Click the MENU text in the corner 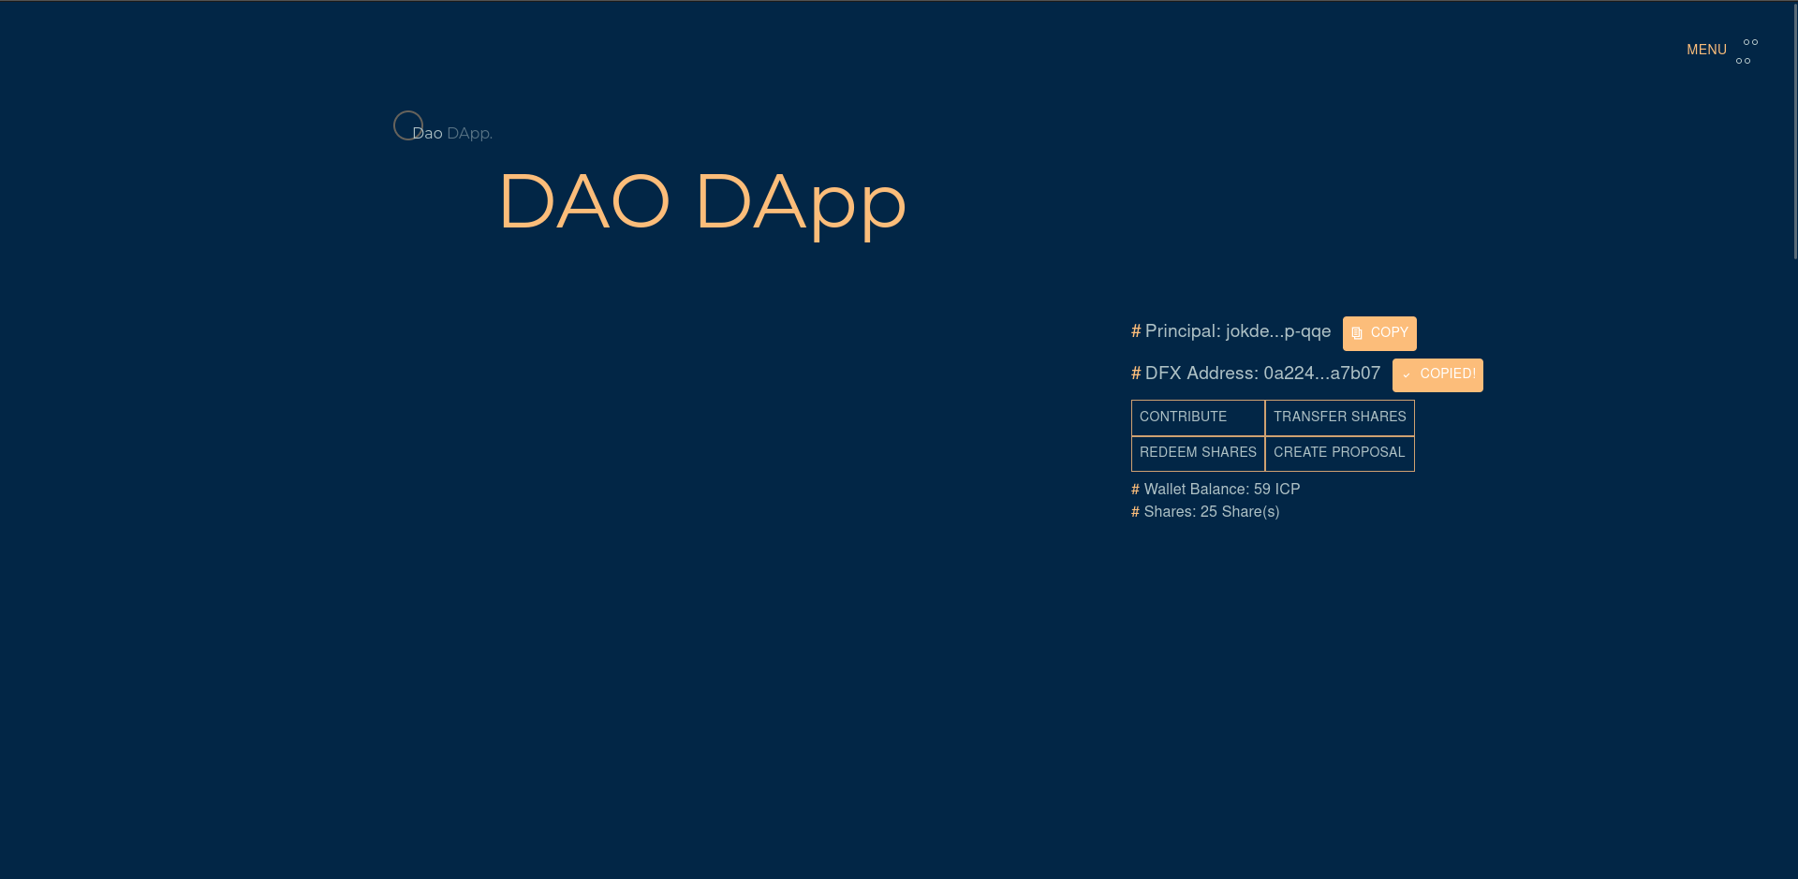(x=1706, y=51)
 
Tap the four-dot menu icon (x=1747, y=51)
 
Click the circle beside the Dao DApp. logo (x=408, y=125)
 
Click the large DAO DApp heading (x=702, y=202)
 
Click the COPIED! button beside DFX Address (x=1437, y=375)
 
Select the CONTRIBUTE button (x=1198, y=418)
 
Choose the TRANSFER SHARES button (x=1340, y=418)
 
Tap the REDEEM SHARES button (x=1198, y=453)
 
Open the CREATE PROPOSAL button (x=1340, y=453)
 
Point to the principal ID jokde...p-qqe (x=1278, y=332)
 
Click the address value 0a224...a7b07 (x=1322, y=374)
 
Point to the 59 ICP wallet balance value (x=1277, y=490)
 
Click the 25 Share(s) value (x=1240, y=512)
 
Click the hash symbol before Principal (x=1136, y=331)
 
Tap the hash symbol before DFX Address (x=1136, y=374)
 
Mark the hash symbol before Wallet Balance (x=1135, y=490)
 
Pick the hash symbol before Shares (x=1135, y=512)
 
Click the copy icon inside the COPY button (x=1357, y=333)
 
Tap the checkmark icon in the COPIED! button (x=1407, y=375)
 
